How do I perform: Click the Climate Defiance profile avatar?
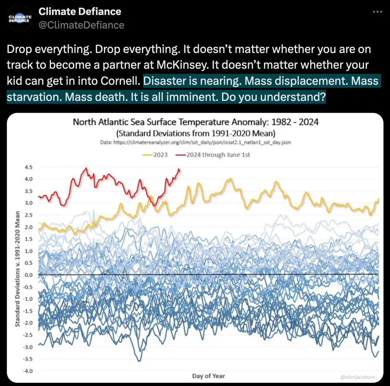[x=20, y=18]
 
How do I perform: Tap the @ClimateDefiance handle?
[x=81, y=25]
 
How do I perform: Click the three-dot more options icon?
[x=377, y=12]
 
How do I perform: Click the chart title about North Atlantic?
[x=195, y=122]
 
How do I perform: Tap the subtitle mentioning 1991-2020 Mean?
[x=195, y=133]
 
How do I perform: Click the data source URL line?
[x=195, y=143]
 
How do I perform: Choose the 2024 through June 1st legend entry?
[x=213, y=155]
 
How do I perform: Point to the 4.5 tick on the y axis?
[x=28, y=167]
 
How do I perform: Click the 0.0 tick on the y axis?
[x=28, y=275]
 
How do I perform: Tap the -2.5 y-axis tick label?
[x=27, y=335]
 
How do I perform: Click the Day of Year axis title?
[x=209, y=376]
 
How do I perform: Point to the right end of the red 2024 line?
[x=179, y=169]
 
